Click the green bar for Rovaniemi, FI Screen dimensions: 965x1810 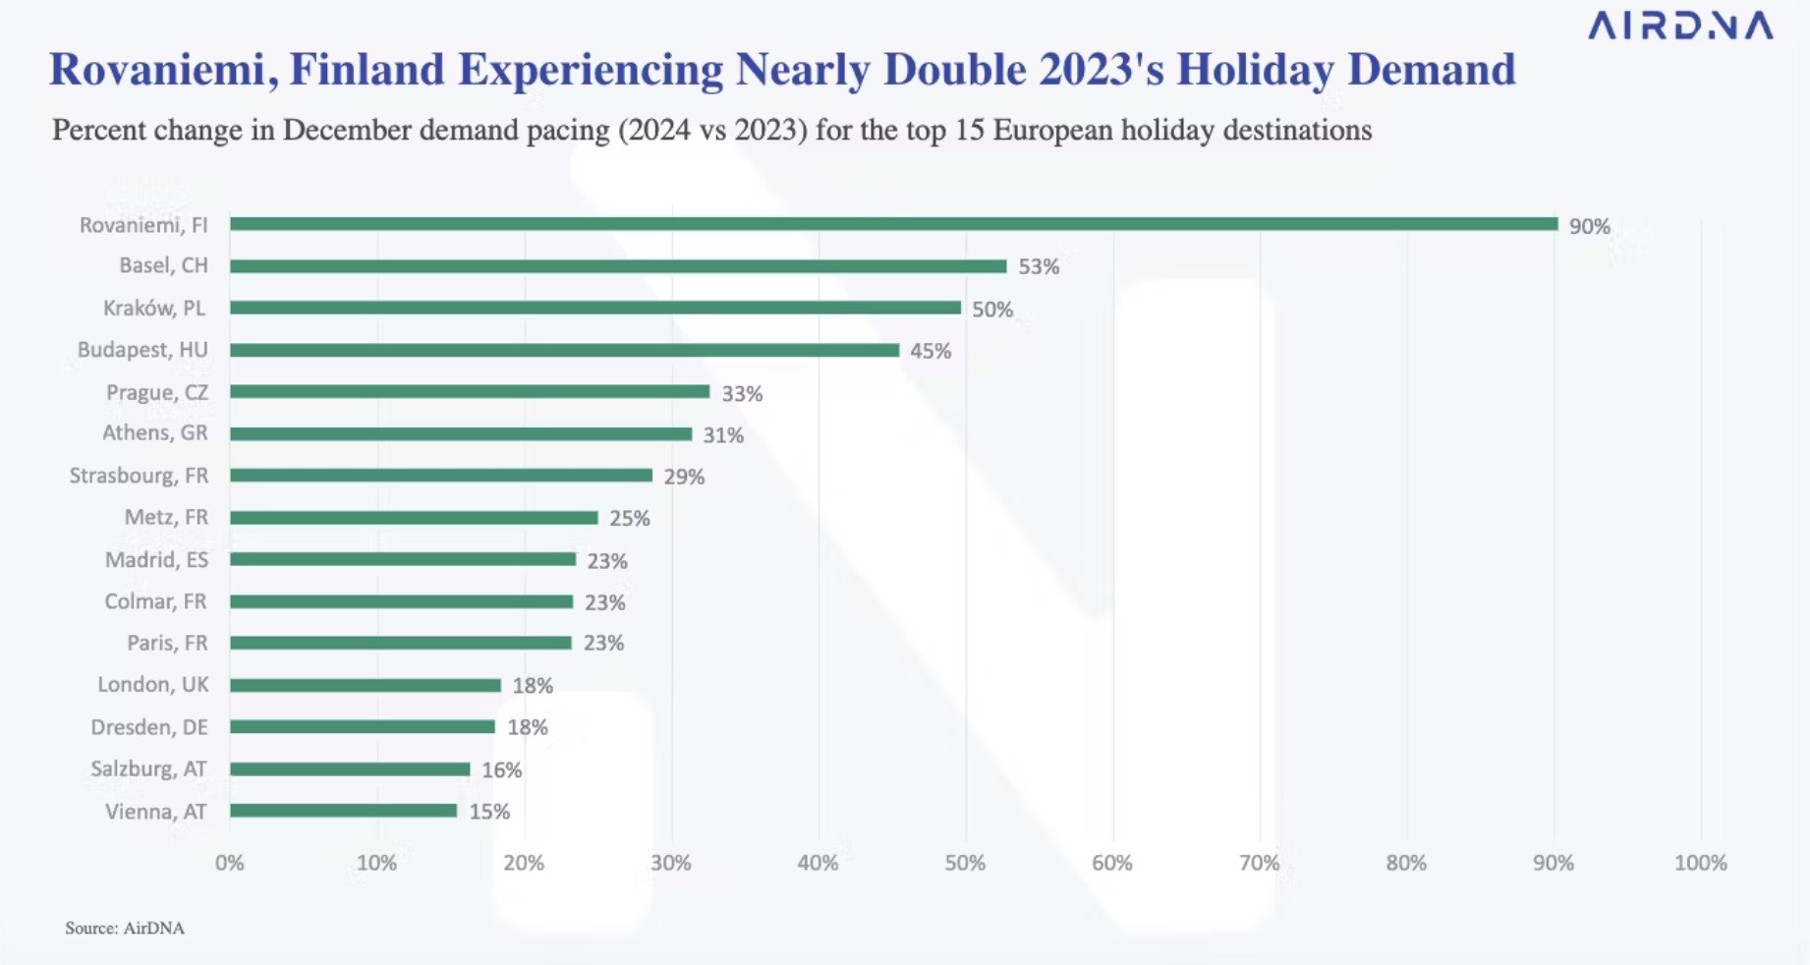[x=893, y=224]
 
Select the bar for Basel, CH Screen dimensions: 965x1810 [x=618, y=266]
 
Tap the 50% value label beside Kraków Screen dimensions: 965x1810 [x=992, y=310]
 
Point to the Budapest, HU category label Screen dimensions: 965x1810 [x=142, y=350]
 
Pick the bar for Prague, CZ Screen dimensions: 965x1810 [x=470, y=392]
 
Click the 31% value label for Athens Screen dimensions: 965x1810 [x=723, y=435]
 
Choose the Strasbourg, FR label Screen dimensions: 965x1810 [x=139, y=476]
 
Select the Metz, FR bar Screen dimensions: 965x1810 [x=414, y=518]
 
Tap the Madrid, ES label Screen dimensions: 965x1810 [x=156, y=560]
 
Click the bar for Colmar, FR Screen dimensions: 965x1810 [x=401, y=601]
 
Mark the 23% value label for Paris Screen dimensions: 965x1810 [x=603, y=643]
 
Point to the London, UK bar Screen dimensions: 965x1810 [x=366, y=685]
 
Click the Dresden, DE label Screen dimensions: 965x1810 [x=149, y=727]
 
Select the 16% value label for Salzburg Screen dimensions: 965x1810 [x=501, y=770]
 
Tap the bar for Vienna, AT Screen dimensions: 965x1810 [x=343, y=811]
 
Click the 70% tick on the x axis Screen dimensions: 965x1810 [x=1259, y=863]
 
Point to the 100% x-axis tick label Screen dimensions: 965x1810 [x=1700, y=863]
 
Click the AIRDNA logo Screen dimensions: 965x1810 [x=1680, y=26]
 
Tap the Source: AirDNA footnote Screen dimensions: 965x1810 [x=125, y=928]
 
